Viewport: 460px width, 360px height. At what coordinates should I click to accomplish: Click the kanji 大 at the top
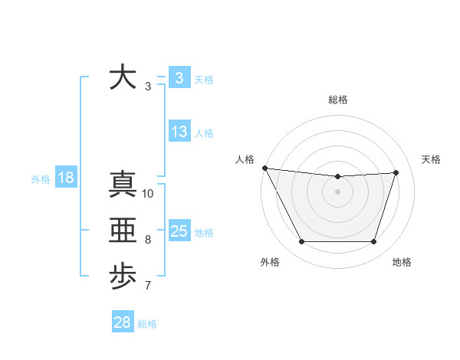[123, 77]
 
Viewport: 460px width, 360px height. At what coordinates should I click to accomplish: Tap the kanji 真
[123, 185]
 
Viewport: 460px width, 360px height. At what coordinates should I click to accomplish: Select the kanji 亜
[123, 231]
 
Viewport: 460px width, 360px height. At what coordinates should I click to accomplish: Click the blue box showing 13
[179, 132]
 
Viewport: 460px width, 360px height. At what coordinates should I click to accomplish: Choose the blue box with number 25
[179, 231]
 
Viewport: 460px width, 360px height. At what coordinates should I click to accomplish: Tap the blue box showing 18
[66, 178]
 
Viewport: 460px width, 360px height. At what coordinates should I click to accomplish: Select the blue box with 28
[123, 322]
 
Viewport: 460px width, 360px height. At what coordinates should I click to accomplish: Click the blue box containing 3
[179, 78]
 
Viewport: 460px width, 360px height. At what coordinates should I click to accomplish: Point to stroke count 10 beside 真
[148, 194]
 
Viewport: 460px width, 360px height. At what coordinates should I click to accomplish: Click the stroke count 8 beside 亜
[148, 240]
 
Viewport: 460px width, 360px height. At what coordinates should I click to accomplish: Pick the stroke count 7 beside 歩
[148, 286]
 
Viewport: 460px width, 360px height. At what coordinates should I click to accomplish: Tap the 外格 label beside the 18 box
[41, 179]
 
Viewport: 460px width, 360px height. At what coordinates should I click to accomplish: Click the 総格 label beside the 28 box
[147, 324]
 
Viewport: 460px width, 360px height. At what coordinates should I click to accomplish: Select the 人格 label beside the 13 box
[204, 133]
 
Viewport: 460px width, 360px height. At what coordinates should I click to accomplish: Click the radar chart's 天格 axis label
[432, 159]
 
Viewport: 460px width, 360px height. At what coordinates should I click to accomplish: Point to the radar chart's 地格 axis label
[402, 262]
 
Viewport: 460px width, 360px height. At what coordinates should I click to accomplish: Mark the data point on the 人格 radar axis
[264, 168]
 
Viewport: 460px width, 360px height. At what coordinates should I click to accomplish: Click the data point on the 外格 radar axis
[301, 242]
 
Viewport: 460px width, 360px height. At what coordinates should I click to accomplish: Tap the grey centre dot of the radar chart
[337, 191]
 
